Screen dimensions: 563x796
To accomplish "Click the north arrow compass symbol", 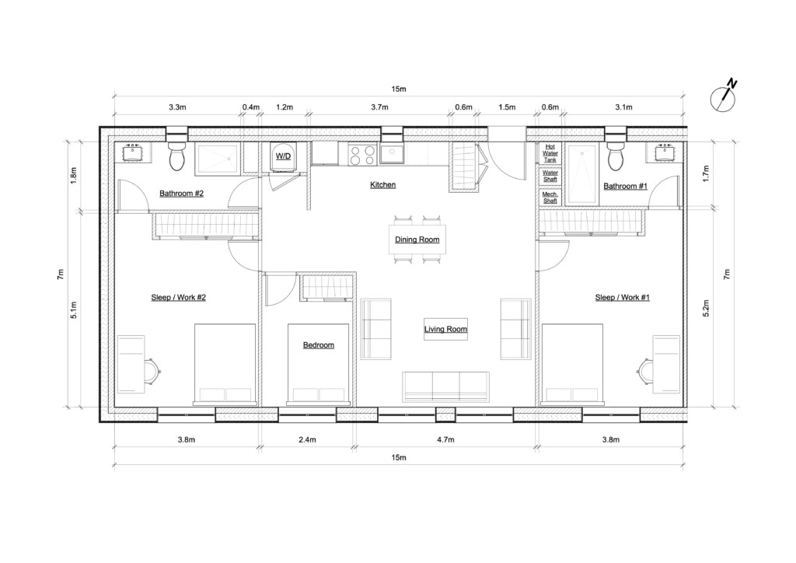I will [724, 96].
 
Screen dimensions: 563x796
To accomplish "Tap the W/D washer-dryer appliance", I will [283, 156].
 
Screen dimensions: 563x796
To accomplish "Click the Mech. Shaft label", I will [550, 198].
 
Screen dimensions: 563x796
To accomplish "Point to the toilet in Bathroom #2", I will [178, 156].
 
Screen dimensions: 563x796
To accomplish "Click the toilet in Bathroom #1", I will [616, 156].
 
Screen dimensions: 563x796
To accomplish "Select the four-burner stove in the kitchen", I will [361, 156].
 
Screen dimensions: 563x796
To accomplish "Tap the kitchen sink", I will [390, 154].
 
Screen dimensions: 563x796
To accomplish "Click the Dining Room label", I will [417, 240].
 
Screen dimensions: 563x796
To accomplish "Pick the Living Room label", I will [445, 330].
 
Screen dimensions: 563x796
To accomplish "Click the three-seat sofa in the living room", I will [445, 386].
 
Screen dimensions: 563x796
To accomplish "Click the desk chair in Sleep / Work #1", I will [644, 369].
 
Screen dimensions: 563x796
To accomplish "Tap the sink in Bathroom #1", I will [666, 152].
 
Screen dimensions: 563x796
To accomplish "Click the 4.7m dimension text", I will [445, 439].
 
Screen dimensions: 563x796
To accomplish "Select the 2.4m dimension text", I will [307, 439].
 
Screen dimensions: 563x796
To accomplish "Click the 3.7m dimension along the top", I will [379, 107].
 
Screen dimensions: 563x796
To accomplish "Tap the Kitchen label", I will [382, 185].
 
